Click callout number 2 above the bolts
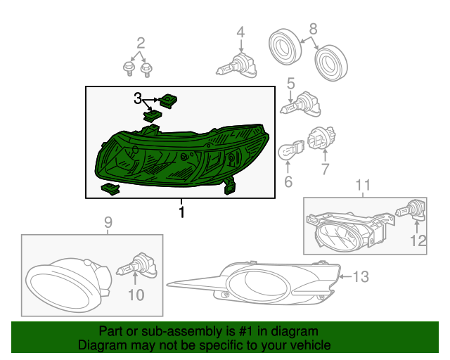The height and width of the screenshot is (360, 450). point(141,44)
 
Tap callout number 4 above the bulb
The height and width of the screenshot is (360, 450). point(240,32)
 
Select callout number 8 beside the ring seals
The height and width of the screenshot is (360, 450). point(313,29)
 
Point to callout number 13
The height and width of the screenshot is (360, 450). point(361,277)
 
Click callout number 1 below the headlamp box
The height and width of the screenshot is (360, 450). point(181,212)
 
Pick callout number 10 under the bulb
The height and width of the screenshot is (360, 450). point(136,295)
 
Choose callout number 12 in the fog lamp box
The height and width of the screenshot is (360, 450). point(418,240)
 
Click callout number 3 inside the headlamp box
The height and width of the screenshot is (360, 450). point(138,98)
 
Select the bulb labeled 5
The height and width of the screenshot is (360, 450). point(300,105)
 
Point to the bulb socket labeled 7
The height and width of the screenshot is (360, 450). point(322,139)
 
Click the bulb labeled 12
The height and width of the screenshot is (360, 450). point(410,211)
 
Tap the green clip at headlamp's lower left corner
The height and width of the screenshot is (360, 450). point(110,189)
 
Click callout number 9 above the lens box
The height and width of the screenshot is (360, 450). point(108,222)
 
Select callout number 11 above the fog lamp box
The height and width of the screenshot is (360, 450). point(363,185)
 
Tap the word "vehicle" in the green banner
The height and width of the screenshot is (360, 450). point(309,345)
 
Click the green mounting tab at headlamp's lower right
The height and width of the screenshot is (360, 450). point(229,186)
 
